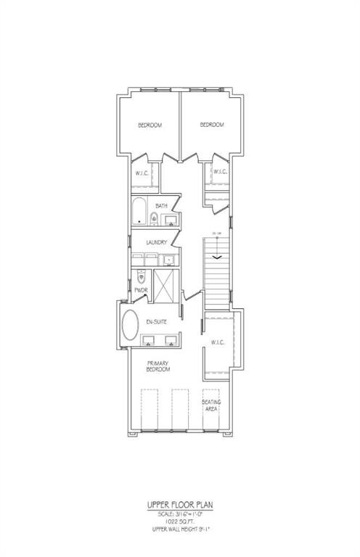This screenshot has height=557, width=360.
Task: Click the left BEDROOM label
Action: (x=150, y=125)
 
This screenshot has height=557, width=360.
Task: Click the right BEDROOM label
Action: (x=212, y=125)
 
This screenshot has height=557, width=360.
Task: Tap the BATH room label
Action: (x=162, y=206)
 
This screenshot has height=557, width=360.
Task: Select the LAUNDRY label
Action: (x=157, y=242)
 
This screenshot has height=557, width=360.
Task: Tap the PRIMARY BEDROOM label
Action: (x=159, y=366)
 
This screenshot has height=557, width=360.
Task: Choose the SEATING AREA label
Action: (x=212, y=405)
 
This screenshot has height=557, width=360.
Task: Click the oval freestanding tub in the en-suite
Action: (x=131, y=328)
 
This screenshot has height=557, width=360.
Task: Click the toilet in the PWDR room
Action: (x=142, y=276)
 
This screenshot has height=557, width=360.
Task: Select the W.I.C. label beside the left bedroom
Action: (x=142, y=173)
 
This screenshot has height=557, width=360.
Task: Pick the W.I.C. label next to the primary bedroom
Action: (x=218, y=342)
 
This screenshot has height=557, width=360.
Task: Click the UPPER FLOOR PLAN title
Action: (x=179, y=505)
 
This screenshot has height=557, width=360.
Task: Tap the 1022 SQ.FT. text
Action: (x=179, y=520)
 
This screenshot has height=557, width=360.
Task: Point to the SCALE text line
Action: (x=179, y=513)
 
